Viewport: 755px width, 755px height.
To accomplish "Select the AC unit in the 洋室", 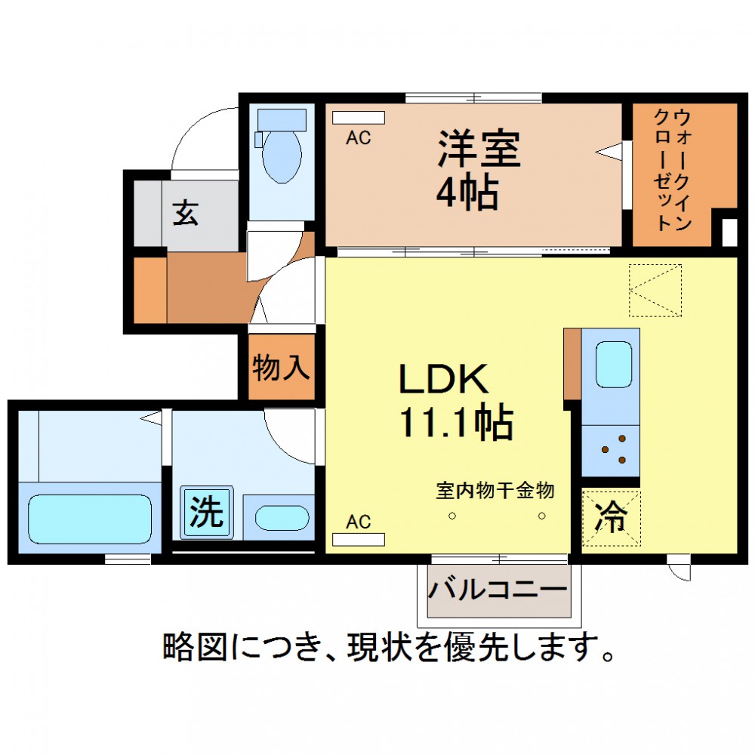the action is click(x=359, y=118).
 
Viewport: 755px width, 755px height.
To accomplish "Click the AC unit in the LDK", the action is click(x=359, y=539).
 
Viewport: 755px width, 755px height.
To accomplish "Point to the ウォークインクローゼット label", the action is click(x=673, y=169).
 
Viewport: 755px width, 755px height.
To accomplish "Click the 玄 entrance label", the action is click(x=186, y=214).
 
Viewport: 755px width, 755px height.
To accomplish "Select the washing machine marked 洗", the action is click(x=207, y=513).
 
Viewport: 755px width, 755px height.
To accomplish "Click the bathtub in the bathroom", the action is click(x=90, y=519).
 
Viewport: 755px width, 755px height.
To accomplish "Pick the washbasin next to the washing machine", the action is click(x=282, y=518).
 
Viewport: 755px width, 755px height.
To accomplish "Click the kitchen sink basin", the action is click(x=614, y=365).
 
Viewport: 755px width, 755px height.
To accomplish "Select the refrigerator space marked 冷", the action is click(x=611, y=518).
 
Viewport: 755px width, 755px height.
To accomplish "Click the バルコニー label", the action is click(x=498, y=589).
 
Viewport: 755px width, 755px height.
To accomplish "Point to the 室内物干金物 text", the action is click(x=495, y=491).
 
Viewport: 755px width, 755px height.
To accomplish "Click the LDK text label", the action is click(x=443, y=379).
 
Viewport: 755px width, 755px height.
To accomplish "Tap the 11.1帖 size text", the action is click(x=457, y=423).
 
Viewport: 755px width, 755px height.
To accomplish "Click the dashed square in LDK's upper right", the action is click(x=655, y=291).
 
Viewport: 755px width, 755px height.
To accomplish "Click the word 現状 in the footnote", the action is click(x=380, y=647).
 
